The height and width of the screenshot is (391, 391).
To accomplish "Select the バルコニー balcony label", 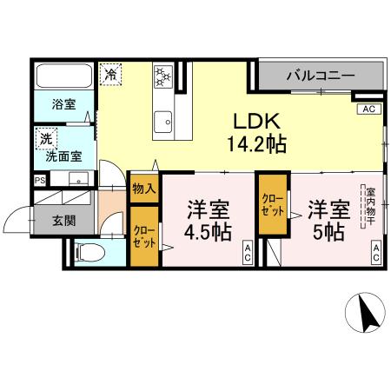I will click(x=319, y=76).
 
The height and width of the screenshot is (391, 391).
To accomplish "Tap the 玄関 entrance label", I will click(x=62, y=221).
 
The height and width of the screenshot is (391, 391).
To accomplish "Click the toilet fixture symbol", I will click(x=88, y=255).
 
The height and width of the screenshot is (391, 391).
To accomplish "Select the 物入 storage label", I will click(x=143, y=188).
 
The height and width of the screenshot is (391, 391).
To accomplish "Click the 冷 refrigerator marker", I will click(x=110, y=75).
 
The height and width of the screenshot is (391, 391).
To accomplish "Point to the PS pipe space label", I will click(x=39, y=181).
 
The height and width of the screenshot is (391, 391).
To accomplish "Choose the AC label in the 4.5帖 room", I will click(x=247, y=254).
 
